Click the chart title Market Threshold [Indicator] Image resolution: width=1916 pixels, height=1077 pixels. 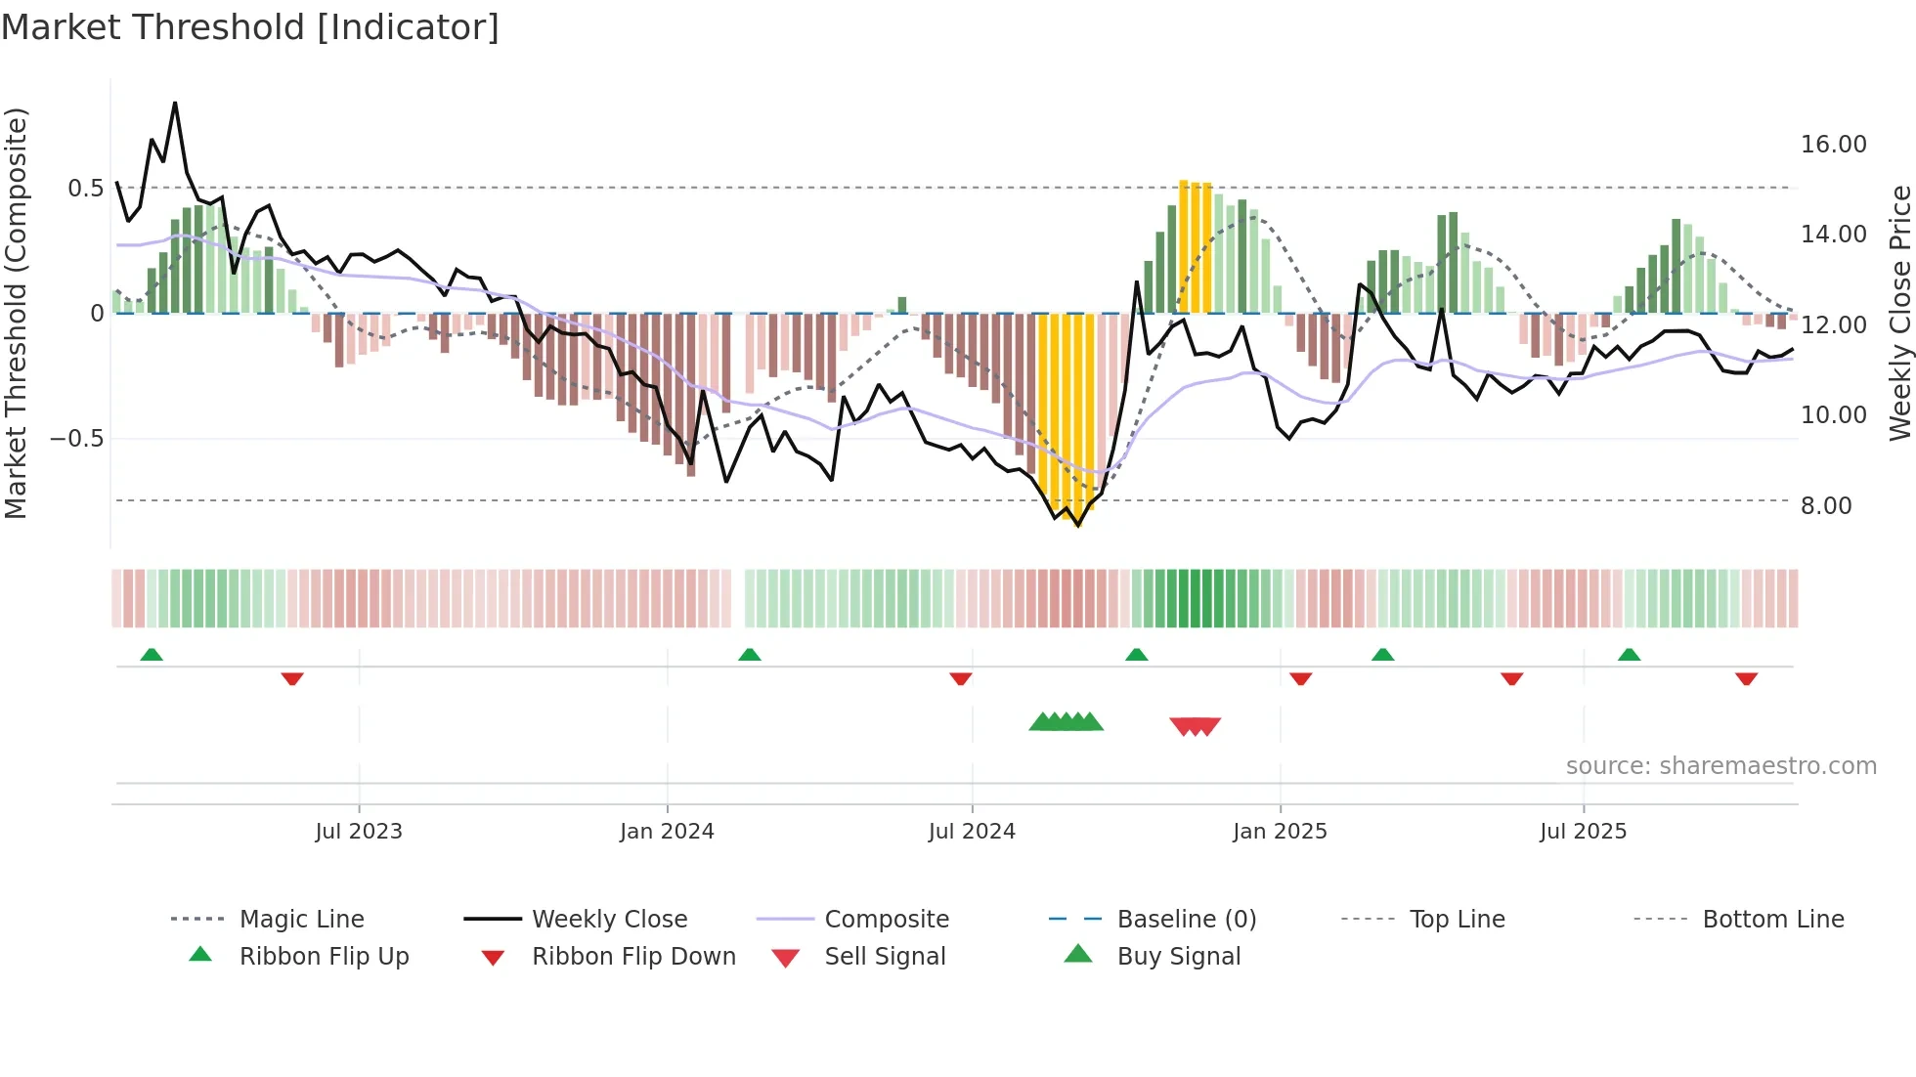[250, 27]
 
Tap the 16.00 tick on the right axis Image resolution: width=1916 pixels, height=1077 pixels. [1833, 145]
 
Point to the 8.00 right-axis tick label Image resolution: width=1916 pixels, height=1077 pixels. [1825, 506]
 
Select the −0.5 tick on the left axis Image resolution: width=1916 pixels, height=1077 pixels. [76, 439]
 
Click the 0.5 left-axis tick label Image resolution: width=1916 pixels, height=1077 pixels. [85, 189]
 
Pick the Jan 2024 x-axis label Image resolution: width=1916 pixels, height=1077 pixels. [667, 832]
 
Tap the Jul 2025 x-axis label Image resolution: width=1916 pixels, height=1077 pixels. [1583, 832]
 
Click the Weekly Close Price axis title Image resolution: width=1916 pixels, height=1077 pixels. [1899, 313]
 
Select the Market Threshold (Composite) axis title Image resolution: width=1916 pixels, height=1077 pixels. [16, 313]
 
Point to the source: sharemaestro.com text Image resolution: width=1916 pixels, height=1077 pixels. [1720, 766]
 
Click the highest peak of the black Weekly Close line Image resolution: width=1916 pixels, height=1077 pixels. [175, 103]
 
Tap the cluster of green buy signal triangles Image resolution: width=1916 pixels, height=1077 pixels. [1066, 722]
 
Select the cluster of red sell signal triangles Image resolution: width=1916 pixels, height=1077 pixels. [1195, 726]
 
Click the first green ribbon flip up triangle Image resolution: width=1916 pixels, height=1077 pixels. [152, 655]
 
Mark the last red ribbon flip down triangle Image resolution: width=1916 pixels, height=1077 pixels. [1746, 678]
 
